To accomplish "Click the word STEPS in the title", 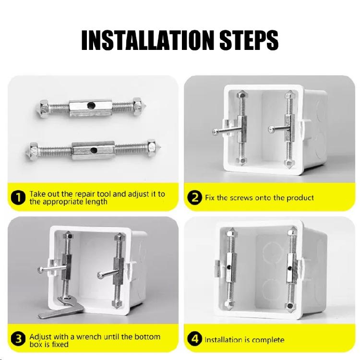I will click(247, 40).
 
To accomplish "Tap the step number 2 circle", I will click(194, 198).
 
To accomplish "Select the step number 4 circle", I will click(194, 340).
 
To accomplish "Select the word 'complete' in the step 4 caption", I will click(267, 340).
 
